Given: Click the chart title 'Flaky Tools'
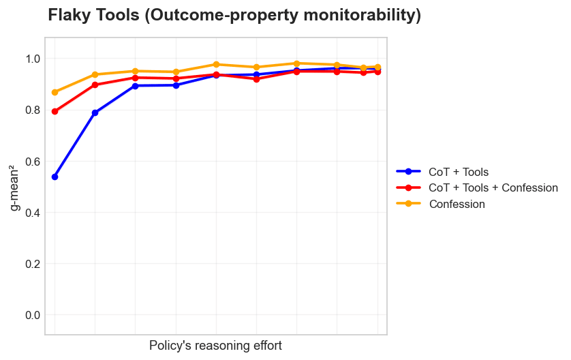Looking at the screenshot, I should [x=234, y=16].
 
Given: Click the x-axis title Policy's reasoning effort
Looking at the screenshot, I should [x=215, y=346].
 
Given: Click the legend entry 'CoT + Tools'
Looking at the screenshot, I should [x=459, y=172].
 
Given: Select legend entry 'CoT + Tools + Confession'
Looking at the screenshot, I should [x=493, y=187].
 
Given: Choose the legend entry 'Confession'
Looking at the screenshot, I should [x=457, y=204].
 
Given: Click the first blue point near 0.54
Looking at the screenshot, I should [x=55, y=177].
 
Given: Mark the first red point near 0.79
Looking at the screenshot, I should [x=55, y=111].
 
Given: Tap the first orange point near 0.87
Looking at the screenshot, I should [x=55, y=92].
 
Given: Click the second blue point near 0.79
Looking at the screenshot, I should [x=95, y=112].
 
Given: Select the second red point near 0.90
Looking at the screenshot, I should [x=95, y=85].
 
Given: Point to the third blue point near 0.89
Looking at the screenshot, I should [x=135, y=86].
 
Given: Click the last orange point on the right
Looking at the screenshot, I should [x=377, y=67].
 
